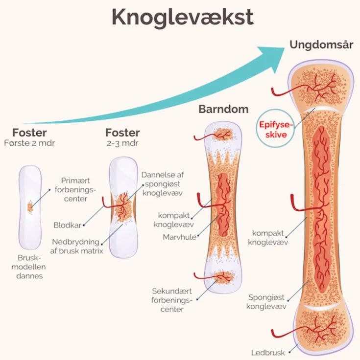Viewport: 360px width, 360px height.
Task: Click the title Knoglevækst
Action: [182, 17]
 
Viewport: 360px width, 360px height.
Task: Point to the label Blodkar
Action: [67, 225]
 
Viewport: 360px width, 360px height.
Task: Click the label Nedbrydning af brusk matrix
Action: [78, 247]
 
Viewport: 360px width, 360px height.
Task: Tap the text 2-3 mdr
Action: [122, 143]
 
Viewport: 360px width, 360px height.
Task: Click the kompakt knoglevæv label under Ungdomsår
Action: [267, 237]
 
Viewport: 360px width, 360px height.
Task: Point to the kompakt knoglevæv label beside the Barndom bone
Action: [174, 220]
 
